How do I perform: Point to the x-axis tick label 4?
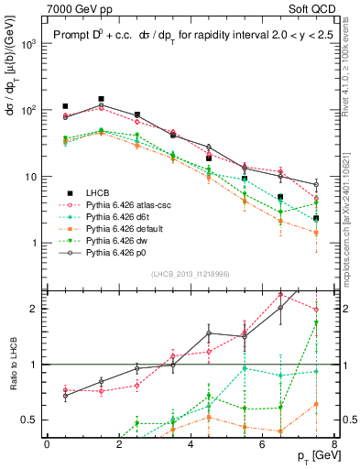[x=191, y=444]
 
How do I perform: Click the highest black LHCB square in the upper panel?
[x=101, y=99]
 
